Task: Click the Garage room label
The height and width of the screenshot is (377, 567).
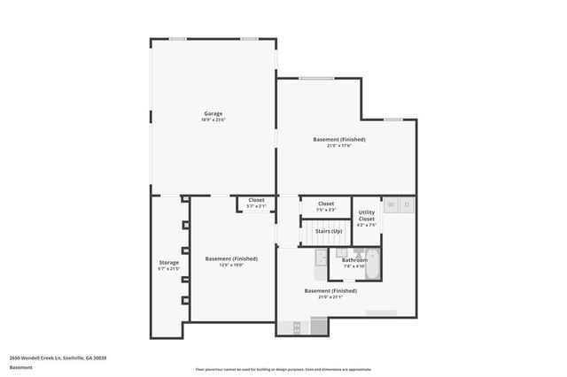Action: (x=213, y=113)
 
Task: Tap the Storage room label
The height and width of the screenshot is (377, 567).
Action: (x=168, y=262)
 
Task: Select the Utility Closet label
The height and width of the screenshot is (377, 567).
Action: (x=366, y=215)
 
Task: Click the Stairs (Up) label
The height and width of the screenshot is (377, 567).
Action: (x=328, y=230)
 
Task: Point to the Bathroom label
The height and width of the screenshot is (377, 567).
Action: (x=354, y=260)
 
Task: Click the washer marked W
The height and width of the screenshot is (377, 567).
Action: (x=391, y=205)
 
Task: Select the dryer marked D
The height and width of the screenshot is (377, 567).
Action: (x=407, y=205)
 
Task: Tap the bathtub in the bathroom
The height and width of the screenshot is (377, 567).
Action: (x=373, y=264)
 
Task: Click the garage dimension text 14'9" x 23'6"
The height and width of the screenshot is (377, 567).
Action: (x=213, y=120)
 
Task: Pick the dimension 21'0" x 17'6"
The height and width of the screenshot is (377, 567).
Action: (x=339, y=146)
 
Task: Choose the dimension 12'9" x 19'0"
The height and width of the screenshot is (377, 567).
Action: (x=231, y=265)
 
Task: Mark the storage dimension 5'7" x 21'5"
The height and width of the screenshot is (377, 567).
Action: (x=168, y=269)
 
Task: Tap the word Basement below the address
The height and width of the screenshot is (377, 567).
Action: (x=22, y=367)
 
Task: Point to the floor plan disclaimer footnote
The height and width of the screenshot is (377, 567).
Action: (x=283, y=369)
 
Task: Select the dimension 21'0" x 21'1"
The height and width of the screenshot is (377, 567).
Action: (x=330, y=297)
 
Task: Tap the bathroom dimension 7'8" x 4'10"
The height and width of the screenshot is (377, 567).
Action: (x=354, y=266)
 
